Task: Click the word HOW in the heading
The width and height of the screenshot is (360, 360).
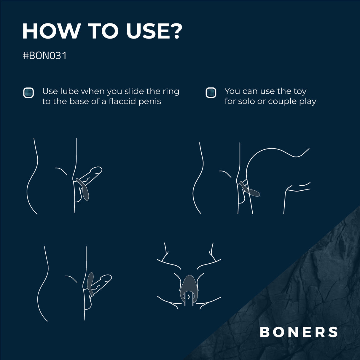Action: pos(51,31)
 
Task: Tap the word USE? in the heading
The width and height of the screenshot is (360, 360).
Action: pos(153,31)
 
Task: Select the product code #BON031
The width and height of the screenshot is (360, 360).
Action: pos(45,55)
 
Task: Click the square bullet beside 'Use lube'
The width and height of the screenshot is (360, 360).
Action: pos(28,93)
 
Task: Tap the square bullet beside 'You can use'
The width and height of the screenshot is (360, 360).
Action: pos(211,93)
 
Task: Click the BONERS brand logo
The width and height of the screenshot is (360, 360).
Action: pos(299,332)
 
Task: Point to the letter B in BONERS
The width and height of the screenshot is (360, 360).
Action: pos(265,332)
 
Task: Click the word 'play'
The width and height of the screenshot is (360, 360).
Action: pos(307,101)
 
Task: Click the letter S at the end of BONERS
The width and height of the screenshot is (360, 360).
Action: pos(333,332)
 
